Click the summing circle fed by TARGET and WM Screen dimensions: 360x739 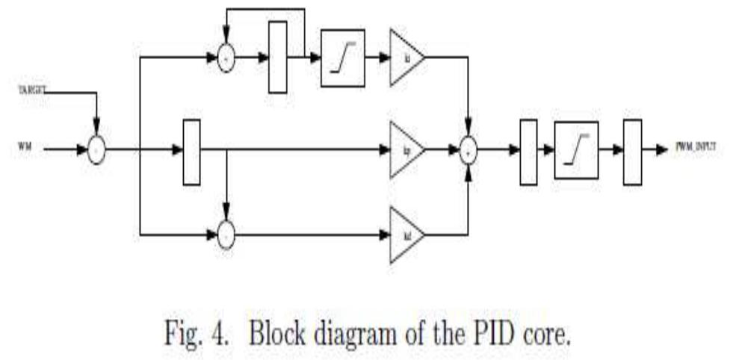coord(96,150)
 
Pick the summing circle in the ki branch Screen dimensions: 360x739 coord(226,58)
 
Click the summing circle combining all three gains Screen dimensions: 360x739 coord(468,151)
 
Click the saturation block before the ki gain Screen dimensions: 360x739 coord(343,58)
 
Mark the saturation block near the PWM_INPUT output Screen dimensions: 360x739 coord(576,150)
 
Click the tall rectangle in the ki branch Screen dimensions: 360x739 coord(277,58)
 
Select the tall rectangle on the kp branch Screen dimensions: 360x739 coord(192,150)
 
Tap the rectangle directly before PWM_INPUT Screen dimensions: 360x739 coord(632,150)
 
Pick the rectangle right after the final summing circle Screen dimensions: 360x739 coord(528,150)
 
